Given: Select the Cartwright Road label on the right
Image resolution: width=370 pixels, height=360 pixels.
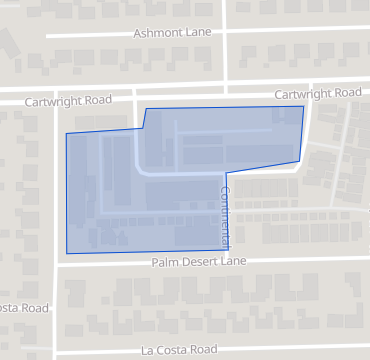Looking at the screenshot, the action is tap(317, 93).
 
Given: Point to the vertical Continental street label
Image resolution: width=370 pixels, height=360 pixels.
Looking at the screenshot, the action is tap(226, 217).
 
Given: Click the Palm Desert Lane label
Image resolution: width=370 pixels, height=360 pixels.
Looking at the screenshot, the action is tap(198, 262).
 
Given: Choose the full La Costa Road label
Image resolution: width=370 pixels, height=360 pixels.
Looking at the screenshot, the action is tap(178, 350).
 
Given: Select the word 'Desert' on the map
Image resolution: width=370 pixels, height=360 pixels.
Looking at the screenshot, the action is tap(197, 262).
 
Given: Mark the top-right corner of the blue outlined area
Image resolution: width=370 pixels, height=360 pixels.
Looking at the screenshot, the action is tap(303, 105).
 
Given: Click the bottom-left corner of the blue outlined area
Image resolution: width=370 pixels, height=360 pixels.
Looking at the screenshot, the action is tap(67, 253).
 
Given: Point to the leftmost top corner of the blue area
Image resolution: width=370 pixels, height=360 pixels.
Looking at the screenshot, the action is tap(66, 134).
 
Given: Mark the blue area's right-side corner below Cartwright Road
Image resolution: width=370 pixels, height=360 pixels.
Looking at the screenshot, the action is tap(299, 160).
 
